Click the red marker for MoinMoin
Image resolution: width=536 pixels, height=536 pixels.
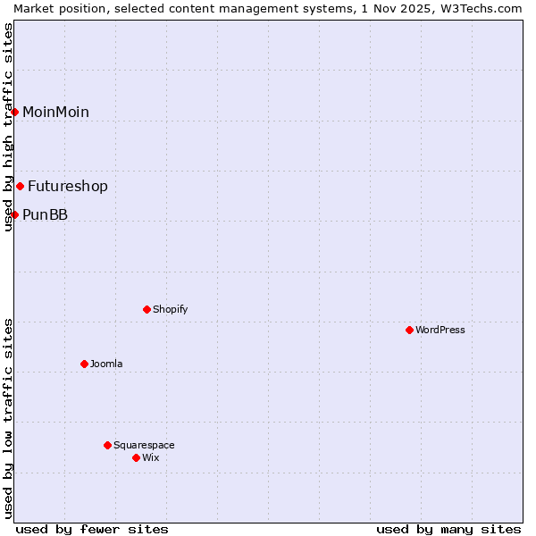pos(15,112)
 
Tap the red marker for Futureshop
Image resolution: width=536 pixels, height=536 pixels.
pos(21,186)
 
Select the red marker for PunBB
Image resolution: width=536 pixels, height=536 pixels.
pos(15,214)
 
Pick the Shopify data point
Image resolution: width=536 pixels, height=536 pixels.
pos(147,309)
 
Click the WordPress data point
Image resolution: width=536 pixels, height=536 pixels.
pos(409,330)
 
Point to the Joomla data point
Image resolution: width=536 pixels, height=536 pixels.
pos(84,364)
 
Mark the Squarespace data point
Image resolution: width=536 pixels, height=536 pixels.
pos(107,445)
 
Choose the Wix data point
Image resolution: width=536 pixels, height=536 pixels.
pos(136,457)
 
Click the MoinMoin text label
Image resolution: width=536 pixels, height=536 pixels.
pos(55,112)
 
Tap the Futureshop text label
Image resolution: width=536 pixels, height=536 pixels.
pos(68,186)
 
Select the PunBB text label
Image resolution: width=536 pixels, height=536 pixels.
pos(45,214)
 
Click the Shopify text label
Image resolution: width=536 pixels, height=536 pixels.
pos(170,309)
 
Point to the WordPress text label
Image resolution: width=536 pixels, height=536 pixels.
pos(440,330)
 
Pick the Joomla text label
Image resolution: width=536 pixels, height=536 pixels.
pos(106,364)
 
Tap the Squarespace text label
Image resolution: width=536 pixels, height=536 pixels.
pos(144,445)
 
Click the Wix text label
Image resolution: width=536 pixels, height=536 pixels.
pos(151,457)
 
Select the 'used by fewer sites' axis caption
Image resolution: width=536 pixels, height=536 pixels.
pos(92,529)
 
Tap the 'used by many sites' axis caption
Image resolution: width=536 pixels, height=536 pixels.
pos(448,529)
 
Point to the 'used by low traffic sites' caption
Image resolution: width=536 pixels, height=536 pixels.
pos(8,418)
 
